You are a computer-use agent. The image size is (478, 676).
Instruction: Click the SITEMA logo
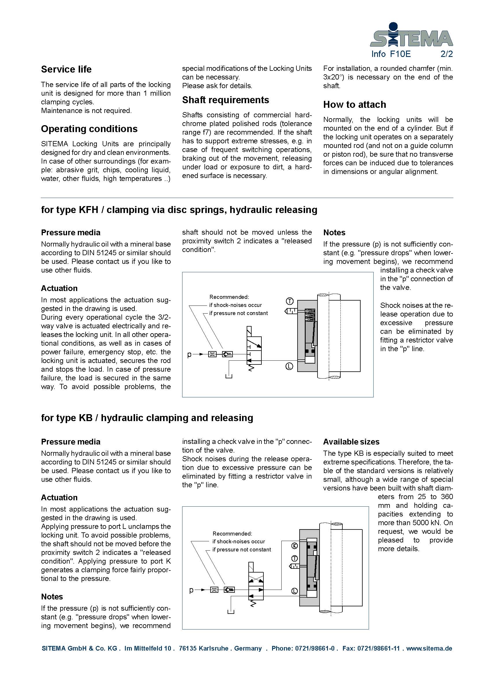tap(411, 35)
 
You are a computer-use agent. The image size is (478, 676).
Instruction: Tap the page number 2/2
tap(446, 54)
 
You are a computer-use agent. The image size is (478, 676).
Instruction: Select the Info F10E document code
tap(391, 54)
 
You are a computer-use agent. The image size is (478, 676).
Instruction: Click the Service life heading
tap(66, 69)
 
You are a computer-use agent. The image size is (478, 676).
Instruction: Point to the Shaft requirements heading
tap(225, 100)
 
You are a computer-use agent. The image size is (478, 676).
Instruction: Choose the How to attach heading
tap(354, 105)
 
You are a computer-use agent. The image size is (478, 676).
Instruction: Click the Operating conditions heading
tap(89, 129)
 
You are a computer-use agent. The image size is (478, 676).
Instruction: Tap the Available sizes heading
tap(351, 442)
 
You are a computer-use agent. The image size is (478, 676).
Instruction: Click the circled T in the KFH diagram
tap(290, 301)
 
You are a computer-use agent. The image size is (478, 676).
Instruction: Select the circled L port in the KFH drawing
tap(289, 366)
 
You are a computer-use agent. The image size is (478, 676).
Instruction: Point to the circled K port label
tap(294, 546)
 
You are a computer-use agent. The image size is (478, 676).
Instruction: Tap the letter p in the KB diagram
tap(191, 590)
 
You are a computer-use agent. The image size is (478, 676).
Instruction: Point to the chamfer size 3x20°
tap(333, 77)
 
